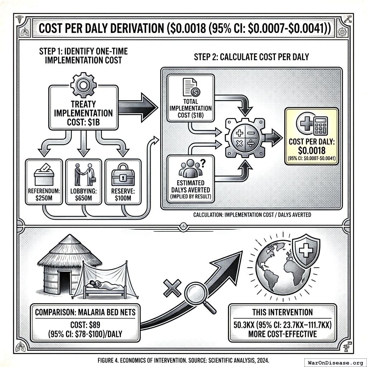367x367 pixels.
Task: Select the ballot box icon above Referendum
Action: pos(44,175)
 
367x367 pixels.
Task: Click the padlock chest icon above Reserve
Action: pos(123,175)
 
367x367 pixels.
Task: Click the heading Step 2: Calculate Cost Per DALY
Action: pos(251,57)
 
